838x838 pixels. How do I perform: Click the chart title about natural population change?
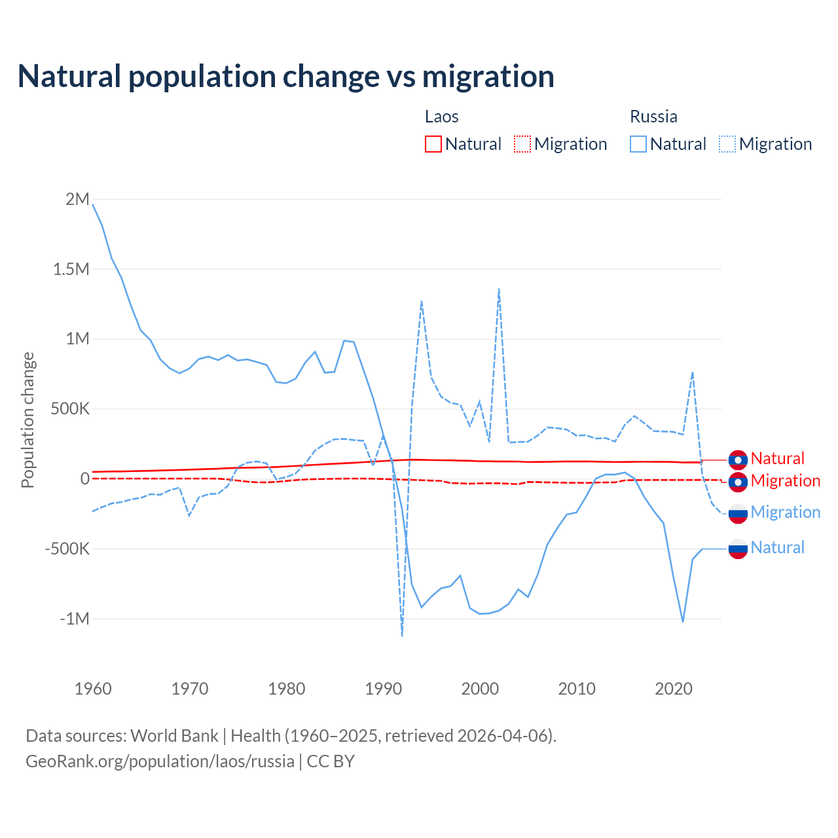(286, 77)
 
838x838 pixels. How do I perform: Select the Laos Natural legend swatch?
(433, 144)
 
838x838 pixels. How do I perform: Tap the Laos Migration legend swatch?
(522, 144)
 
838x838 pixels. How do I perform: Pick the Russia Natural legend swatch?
(638, 144)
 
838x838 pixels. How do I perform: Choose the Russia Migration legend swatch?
(727, 144)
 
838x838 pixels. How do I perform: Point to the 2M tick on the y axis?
(77, 199)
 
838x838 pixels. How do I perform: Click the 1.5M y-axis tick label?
(71, 269)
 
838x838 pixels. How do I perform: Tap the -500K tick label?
(67, 549)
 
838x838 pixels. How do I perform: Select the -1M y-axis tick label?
(74, 619)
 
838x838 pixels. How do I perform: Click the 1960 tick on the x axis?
(93, 689)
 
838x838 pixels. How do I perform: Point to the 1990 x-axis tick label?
(383, 689)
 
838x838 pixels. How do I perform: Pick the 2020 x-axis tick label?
(674, 689)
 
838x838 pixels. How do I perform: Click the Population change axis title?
(27, 420)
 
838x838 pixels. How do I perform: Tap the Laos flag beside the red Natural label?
(738, 460)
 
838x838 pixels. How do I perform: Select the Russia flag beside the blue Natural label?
(738, 549)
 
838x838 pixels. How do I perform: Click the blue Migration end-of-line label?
(785, 512)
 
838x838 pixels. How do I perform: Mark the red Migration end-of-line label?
(785, 481)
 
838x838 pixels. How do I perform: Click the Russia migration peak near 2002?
(499, 289)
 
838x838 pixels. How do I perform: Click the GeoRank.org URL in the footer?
(160, 761)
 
